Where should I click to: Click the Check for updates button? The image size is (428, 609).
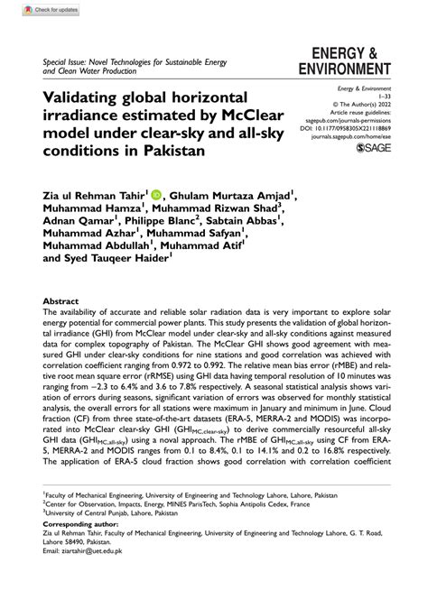tap(33, 10)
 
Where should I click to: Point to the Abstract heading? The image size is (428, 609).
tap(60, 301)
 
